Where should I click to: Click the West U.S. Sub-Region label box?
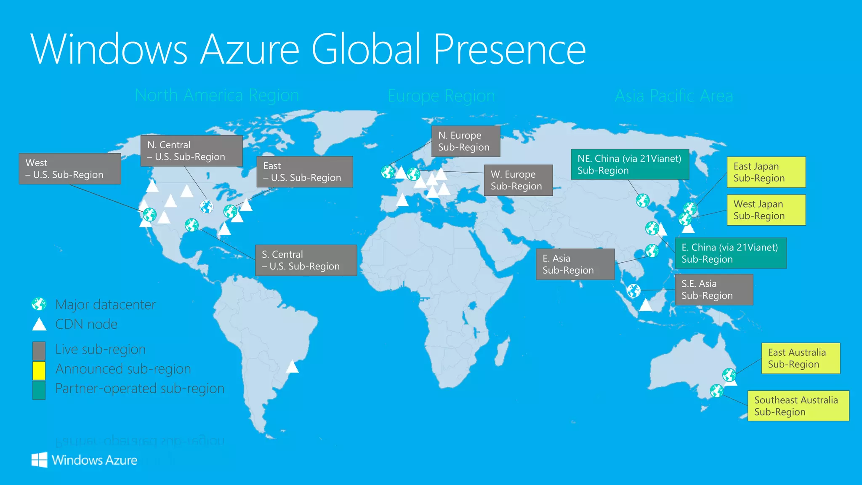[x=70, y=169]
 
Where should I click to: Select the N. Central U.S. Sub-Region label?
[x=192, y=151]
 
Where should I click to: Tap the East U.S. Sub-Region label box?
[x=305, y=172]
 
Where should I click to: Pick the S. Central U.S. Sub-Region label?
[x=306, y=260]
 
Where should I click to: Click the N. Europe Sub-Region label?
[x=466, y=141]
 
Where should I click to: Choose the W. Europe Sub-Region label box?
[x=518, y=180]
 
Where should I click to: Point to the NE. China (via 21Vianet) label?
[x=630, y=164]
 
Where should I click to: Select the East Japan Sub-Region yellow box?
[x=766, y=172]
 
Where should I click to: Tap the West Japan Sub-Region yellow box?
[x=766, y=210]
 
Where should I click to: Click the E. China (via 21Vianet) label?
[x=730, y=253]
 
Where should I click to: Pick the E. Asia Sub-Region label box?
[x=575, y=264]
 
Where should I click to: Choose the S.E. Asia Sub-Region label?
[x=713, y=290]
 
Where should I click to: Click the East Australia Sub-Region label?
[x=801, y=358]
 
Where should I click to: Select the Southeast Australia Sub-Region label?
[x=798, y=406]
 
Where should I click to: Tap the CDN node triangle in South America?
[x=292, y=367]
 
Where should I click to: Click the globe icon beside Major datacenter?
[x=39, y=304]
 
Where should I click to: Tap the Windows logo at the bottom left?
[x=40, y=460]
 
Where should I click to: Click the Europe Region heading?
[x=441, y=96]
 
